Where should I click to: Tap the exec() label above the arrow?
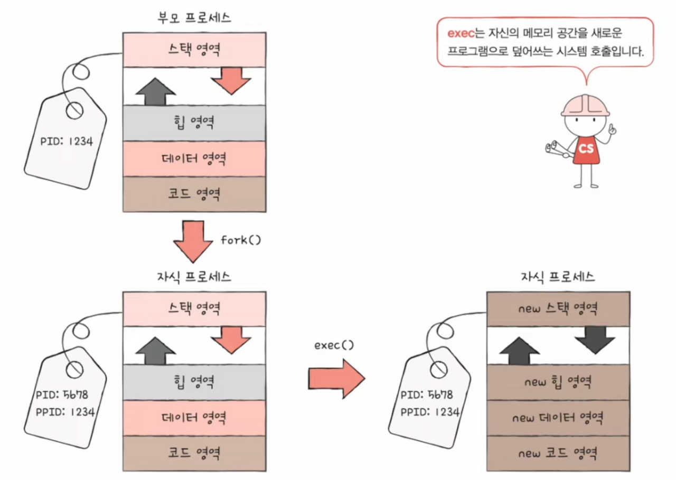(334, 345)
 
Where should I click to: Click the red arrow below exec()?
(337, 378)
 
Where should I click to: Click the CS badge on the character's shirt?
(586, 148)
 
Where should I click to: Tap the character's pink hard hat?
(585, 105)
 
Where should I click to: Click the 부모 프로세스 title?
(194, 17)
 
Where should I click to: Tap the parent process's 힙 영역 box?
(194, 123)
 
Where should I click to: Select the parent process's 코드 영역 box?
(194, 194)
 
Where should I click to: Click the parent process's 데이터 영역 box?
(194, 158)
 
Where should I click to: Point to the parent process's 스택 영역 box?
(194, 50)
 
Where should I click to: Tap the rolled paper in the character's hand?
(556, 148)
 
